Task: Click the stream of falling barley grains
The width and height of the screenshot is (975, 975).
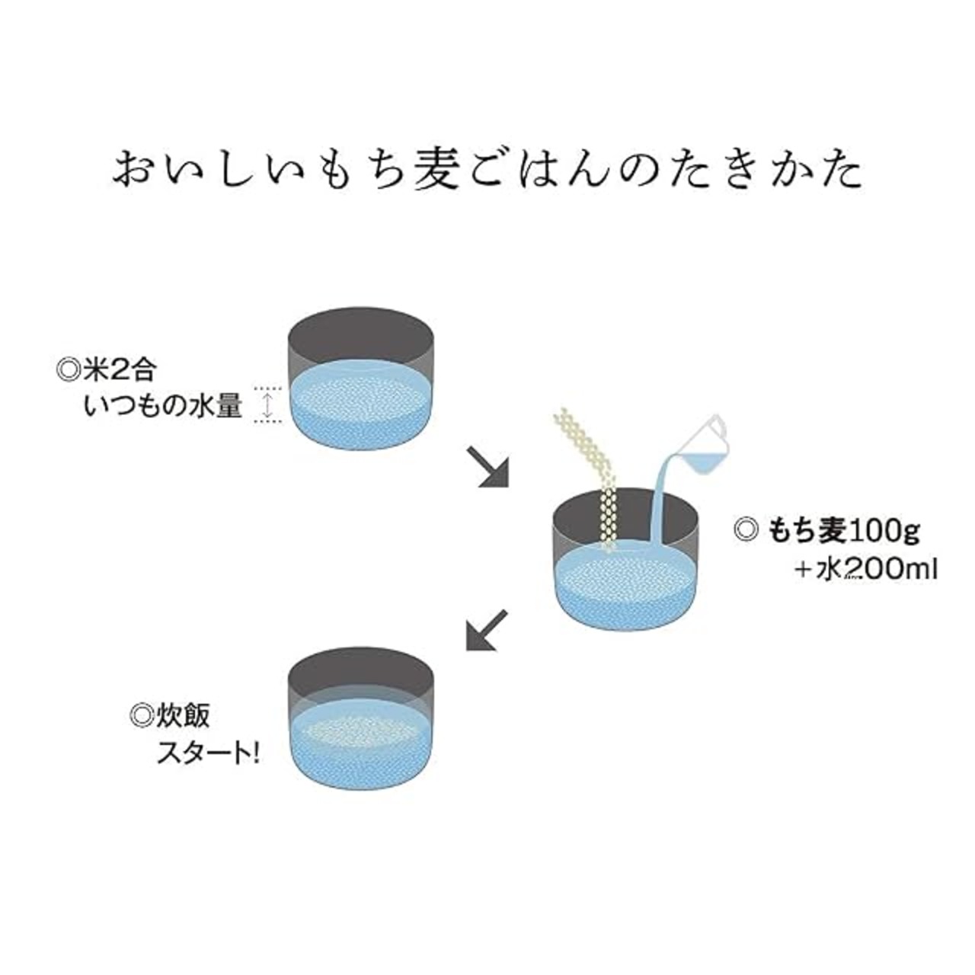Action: (590, 486)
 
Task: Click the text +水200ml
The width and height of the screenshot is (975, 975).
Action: (866, 571)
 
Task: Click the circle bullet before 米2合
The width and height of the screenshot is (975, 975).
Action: (67, 371)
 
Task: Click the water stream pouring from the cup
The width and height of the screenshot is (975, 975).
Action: (663, 498)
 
